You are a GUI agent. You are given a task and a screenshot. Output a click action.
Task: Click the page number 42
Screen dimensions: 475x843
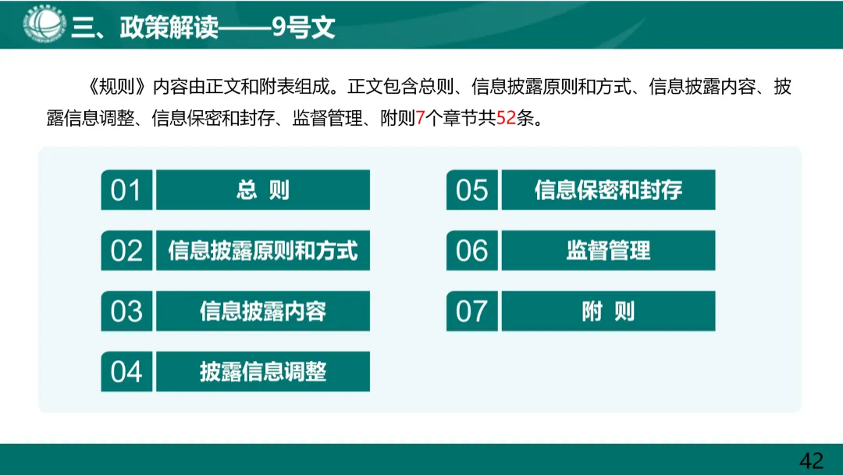[812, 460]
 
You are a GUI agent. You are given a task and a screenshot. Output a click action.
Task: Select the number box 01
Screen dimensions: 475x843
[126, 190]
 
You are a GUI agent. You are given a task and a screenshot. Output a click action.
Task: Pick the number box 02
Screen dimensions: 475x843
[126, 251]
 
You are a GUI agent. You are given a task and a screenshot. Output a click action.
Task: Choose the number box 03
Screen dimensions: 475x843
[126, 311]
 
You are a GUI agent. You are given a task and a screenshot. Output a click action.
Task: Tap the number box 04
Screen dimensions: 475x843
[126, 372]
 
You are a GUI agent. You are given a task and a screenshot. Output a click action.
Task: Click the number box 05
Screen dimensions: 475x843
[471, 190]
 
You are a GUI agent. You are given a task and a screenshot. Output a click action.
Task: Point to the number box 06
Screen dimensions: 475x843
[471, 251]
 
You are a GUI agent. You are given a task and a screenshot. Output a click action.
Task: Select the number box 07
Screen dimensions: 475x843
[471, 311]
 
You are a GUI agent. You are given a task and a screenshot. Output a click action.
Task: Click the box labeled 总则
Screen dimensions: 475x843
[263, 190]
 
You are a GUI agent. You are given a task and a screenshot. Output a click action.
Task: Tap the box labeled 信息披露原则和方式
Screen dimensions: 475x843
[263, 251]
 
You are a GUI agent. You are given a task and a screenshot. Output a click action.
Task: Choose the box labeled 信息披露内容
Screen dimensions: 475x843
[263, 311]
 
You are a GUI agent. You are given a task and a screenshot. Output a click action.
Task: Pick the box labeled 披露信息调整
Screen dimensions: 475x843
[263, 372]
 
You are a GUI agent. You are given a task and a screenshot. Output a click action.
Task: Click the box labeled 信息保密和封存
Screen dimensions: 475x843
[608, 190]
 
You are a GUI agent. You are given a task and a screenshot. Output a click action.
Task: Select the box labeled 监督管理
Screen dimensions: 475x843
[608, 251]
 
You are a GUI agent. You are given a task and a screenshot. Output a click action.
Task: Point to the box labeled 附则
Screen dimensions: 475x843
[608, 311]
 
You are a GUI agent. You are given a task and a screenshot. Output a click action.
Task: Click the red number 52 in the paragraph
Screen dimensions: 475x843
[507, 120]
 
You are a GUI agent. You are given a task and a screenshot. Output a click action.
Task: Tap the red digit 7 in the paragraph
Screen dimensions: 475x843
[420, 120]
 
